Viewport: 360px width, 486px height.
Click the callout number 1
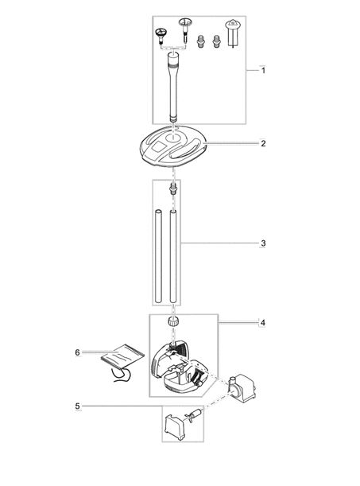[x=263, y=70]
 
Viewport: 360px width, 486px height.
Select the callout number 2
[x=263, y=143]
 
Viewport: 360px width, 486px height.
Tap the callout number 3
[x=263, y=243]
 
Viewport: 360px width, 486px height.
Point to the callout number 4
[x=263, y=323]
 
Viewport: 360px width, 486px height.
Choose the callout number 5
[x=77, y=406]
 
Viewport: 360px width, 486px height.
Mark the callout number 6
[x=77, y=352]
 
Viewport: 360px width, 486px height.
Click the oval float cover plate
[x=173, y=146]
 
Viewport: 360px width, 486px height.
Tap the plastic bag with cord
[x=122, y=362]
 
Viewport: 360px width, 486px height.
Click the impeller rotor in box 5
[x=193, y=416]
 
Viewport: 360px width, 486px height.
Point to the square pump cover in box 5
[x=175, y=427]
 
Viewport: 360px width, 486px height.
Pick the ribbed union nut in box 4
[x=174, y=321]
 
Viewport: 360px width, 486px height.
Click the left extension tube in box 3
[x=158, y=256]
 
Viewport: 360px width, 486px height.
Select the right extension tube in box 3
[x=173, y=256]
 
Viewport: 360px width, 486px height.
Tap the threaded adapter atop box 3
[x=174, y=189]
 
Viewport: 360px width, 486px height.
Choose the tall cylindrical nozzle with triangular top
[x=231, y=33]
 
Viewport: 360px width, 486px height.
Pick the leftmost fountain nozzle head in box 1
[x=161, y=36]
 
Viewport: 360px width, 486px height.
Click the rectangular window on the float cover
[x=159, y=146]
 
